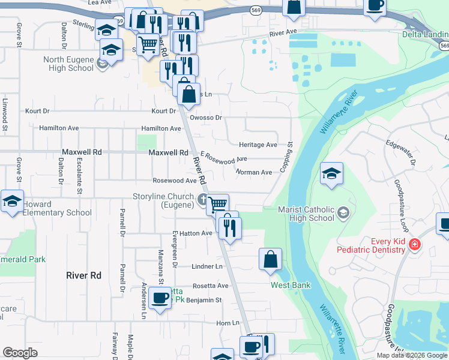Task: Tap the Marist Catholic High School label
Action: (306, 214)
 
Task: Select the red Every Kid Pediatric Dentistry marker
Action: (414, 245)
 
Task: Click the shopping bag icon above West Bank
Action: (271, 259)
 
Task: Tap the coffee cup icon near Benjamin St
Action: (160, 298)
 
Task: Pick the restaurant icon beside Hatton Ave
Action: (230, 227)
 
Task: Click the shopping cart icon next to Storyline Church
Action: (218, 203)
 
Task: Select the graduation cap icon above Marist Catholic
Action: (331, 173)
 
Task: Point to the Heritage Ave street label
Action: (258, 145)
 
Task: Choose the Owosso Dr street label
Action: (206, 118)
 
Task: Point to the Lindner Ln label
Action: (207, 266)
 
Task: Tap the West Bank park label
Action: (291, 285)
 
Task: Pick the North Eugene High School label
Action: (68, 64)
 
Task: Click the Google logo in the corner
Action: (20, 353)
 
